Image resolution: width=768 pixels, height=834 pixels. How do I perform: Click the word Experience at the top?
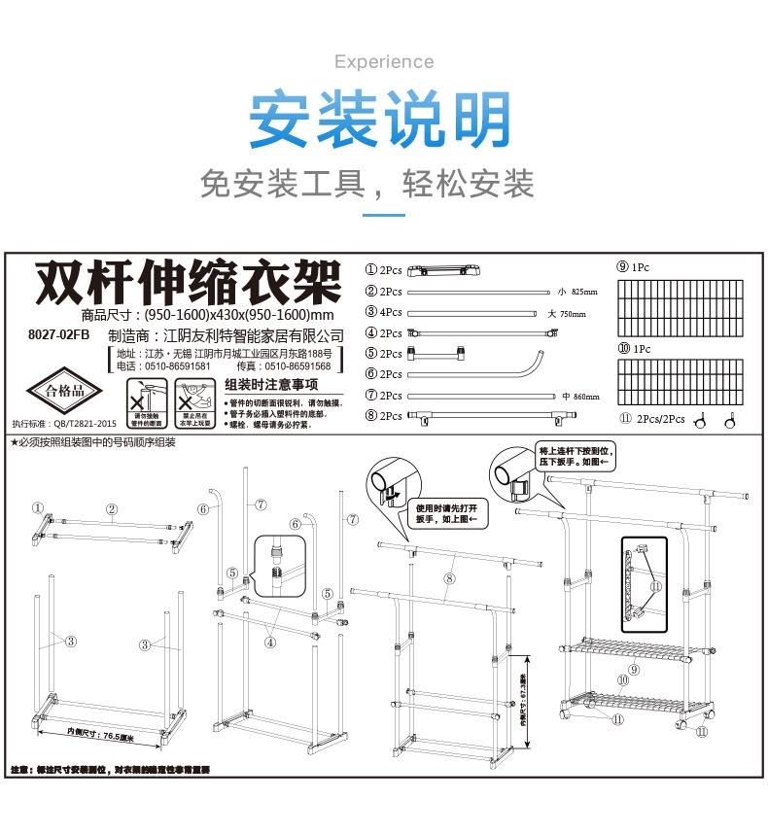click(383, 62)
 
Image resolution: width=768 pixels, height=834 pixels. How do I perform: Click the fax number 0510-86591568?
click(297, 366)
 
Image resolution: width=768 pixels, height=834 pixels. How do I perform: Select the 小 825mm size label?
click(578, 292)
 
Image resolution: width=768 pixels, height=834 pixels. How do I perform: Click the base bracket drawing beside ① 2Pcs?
click(445, 270)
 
